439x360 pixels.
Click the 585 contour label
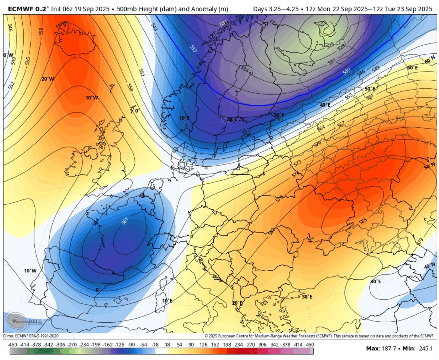coord(363,220)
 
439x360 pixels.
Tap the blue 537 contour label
coord(194,49)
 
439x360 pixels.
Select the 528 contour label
coord(341,47)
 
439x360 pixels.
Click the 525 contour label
coord(330,45)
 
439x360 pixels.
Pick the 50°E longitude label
coord(370,89)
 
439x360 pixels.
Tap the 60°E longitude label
coord(412,68)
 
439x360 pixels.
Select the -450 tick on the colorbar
coord(12,344)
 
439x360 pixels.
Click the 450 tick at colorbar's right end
coord(310,344)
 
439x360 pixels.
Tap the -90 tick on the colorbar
coord(132,344)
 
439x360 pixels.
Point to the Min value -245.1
coord(425,349)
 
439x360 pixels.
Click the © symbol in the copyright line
coord(206,336)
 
